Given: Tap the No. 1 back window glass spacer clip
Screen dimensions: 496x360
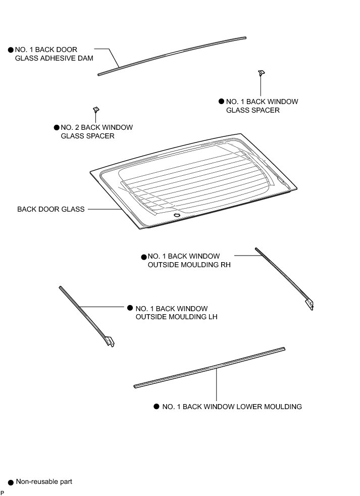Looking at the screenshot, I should tap(262, 73).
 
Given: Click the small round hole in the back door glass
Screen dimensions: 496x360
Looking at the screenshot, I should tap(176, 216).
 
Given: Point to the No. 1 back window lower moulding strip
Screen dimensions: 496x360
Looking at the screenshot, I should tap(210, 367).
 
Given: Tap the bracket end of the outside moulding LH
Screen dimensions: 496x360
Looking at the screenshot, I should tap(111, 341).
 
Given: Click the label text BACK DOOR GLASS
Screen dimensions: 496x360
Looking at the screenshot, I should tap(51, 209).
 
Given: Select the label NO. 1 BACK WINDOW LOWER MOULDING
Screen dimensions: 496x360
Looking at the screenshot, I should tap(232, 407).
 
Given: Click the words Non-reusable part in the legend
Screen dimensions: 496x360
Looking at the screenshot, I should tap(44, 481).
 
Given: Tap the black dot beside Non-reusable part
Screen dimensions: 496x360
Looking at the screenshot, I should tap(11, 482).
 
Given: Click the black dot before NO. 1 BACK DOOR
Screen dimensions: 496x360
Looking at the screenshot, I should tap(11, 51).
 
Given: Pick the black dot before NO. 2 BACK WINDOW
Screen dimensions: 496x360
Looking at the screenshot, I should tap(57, 128).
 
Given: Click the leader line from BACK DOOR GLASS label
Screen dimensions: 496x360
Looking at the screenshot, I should tap(104, 209).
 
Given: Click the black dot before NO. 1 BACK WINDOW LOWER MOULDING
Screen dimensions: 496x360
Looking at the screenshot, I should tap(157, 407).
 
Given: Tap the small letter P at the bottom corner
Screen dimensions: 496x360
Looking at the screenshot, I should tap(2, 492).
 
